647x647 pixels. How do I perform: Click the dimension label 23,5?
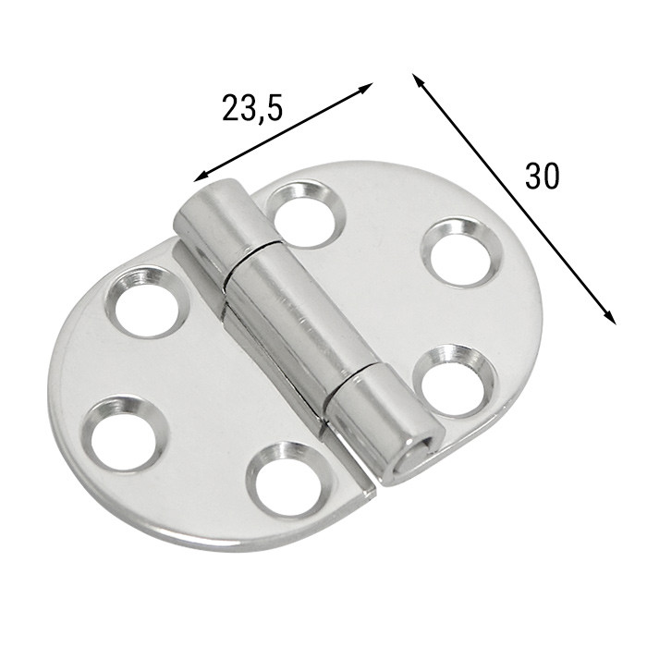(251, 108)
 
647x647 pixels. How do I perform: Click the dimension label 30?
(542, 175)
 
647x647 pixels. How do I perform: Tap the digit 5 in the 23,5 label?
(272, 108)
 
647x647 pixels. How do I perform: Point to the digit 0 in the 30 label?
(552, 175)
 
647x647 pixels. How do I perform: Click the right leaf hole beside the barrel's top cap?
(304, 214)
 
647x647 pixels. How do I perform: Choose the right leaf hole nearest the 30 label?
(460, 251)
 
